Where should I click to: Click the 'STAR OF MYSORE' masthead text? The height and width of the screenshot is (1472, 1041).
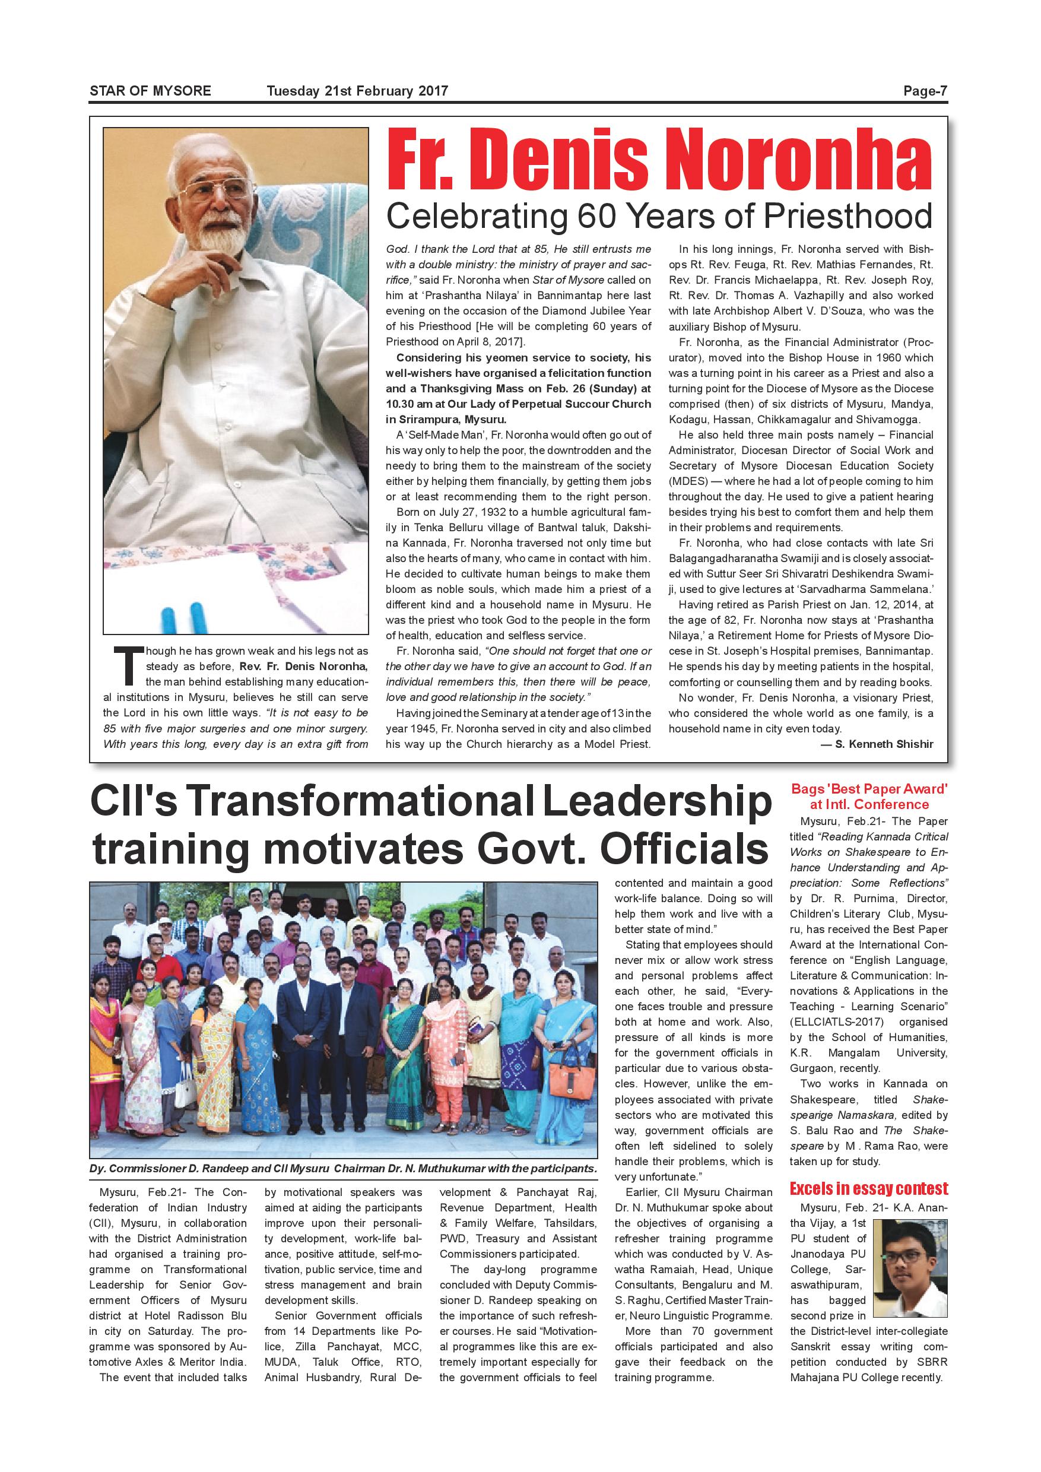[x=150, y=91]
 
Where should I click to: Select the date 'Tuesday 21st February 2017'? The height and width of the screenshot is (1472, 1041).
[x=357, y=91]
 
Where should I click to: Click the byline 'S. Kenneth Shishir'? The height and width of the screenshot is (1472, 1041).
[x=884, y=744]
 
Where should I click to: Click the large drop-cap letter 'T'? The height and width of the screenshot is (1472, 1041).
[x=127, y=665]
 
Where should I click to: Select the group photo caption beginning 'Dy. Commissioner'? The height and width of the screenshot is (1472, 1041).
[x=343, y=1169]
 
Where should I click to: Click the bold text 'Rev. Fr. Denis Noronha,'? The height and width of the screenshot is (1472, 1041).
[x=304, y=666]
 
